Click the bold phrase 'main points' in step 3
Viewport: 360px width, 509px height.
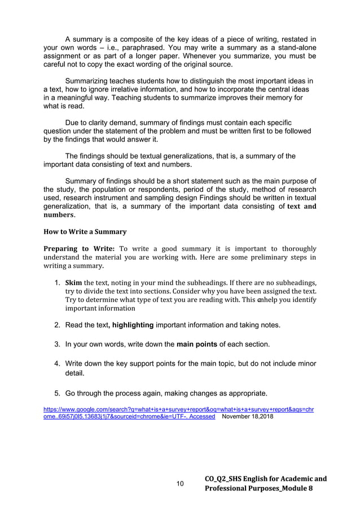[x=199, y=344]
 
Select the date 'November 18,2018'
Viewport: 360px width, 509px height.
[x=250, y=416]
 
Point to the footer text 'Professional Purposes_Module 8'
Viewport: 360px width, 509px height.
[x=260, y=489]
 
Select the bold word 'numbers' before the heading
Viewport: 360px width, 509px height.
[x=58, y=216]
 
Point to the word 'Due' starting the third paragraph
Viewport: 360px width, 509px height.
[x=73, y=122]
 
